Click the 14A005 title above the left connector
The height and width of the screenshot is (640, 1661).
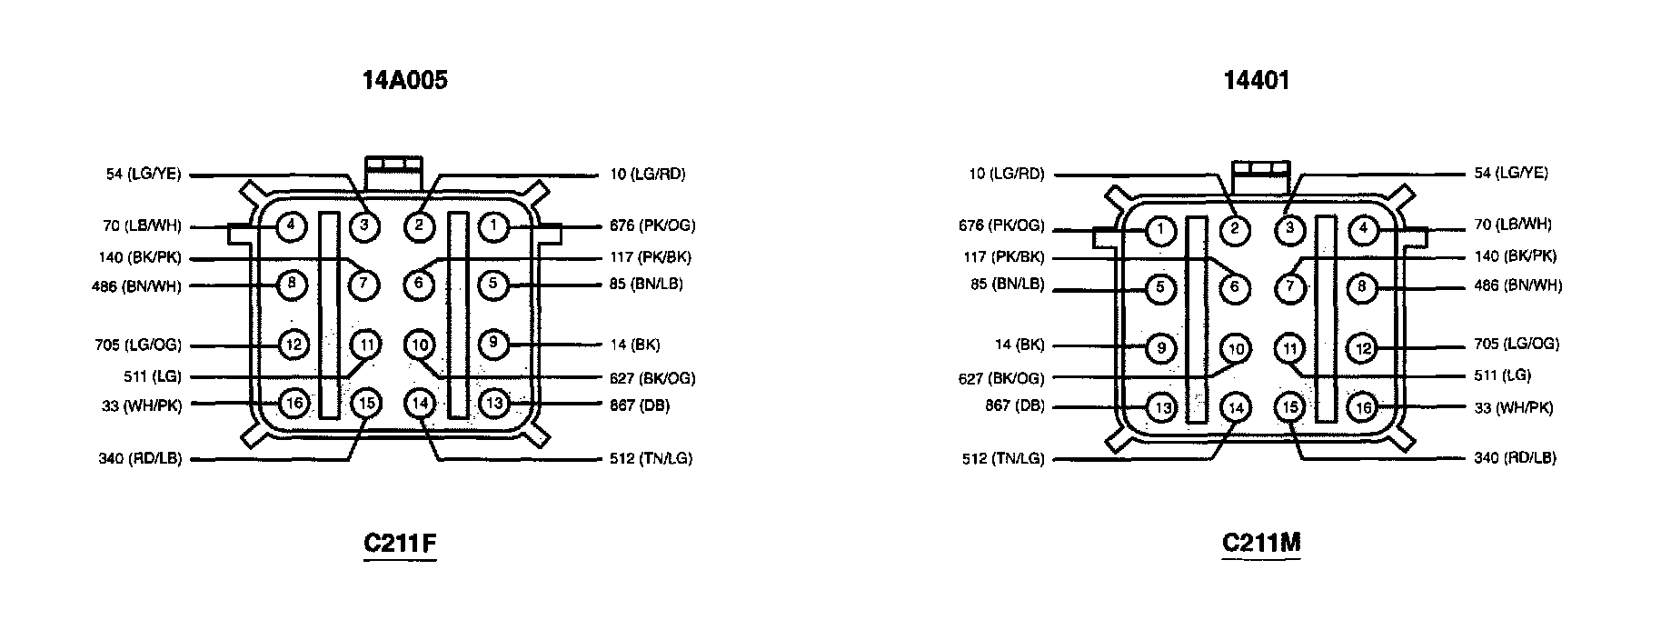click(405, 81)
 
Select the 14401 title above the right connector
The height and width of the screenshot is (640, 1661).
click(1257, 81)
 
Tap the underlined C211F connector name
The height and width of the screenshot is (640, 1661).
click(400, 544)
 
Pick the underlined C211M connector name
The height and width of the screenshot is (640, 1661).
click(1261, 543)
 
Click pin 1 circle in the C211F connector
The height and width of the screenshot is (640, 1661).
click(492, 226)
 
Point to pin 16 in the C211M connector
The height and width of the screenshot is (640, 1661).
click(1362, 408)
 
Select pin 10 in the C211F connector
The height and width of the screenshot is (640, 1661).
click(419, 345)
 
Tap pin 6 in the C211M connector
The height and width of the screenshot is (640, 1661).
click(1235, 289)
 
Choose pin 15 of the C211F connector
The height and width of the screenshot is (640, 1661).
click(363, 403)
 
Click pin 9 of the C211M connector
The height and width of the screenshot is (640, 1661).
click(1160, 347)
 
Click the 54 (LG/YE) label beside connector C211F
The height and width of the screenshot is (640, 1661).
click(144, 174)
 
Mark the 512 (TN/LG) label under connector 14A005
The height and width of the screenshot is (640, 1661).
click(651, 458)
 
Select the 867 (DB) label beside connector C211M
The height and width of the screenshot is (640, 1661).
click(1015, 405)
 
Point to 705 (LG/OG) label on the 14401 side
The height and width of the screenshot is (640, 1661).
click(1517, 344)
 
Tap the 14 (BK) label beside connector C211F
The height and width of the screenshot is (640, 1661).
click(634, 345)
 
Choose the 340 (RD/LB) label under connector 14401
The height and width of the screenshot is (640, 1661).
click(1515, 457)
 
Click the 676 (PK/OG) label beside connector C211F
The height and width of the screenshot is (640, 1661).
click(652, 225)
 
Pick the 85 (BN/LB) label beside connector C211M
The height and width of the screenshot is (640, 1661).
click(1007, 285)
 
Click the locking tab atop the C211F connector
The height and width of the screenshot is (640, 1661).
click(393, 166)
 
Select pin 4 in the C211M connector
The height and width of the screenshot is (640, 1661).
click(1362, 230)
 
